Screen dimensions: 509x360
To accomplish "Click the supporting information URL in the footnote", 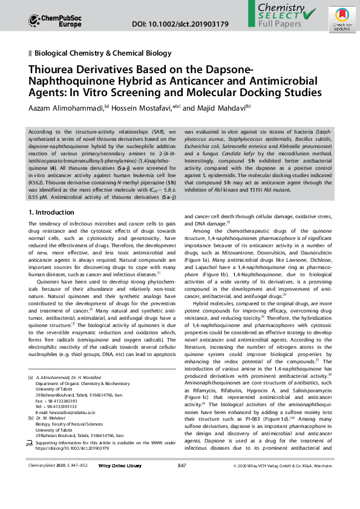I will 72,449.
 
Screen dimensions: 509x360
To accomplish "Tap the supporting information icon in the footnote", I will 31,443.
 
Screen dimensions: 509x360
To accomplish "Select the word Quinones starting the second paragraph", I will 48,281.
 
